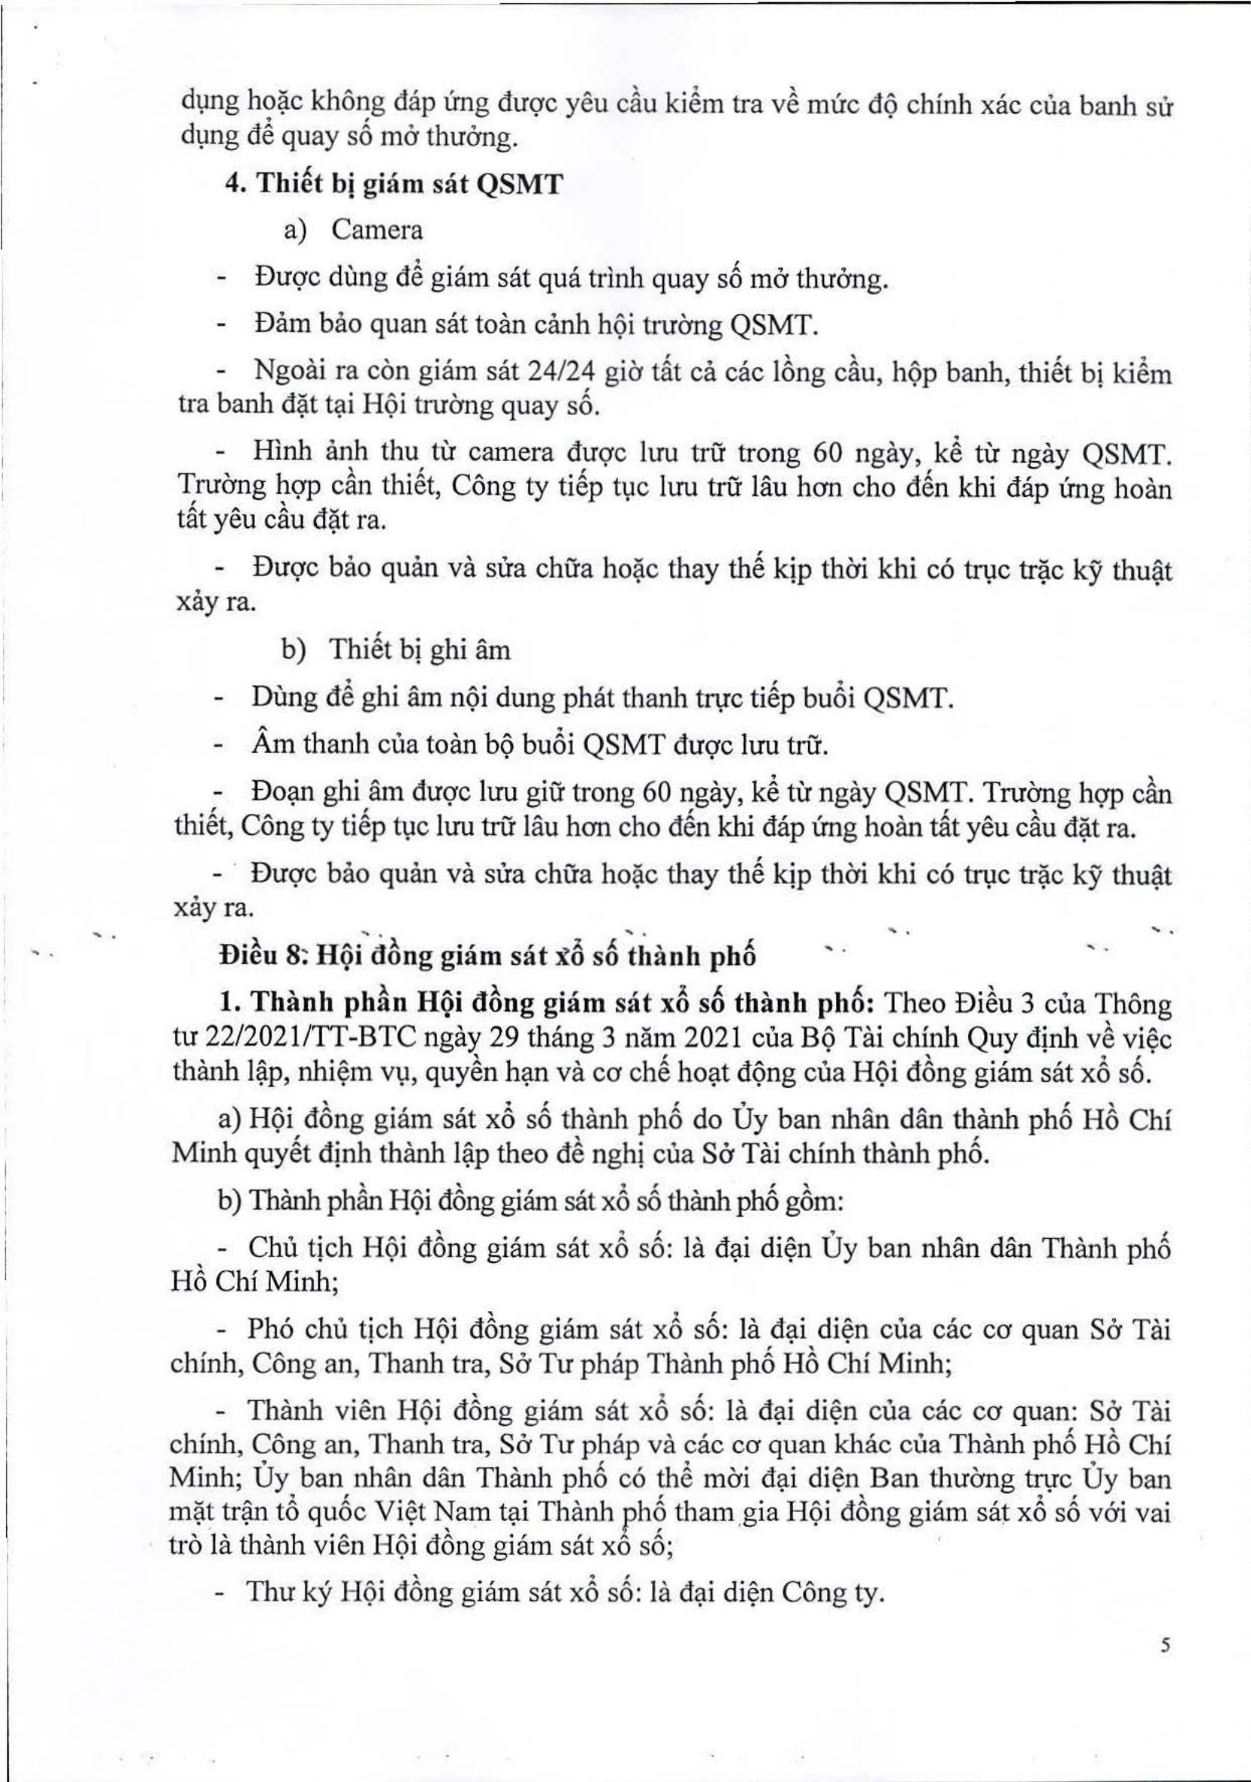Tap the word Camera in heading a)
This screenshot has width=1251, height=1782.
click(x=377, y=231)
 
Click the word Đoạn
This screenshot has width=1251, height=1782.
click(x=282, y=795)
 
